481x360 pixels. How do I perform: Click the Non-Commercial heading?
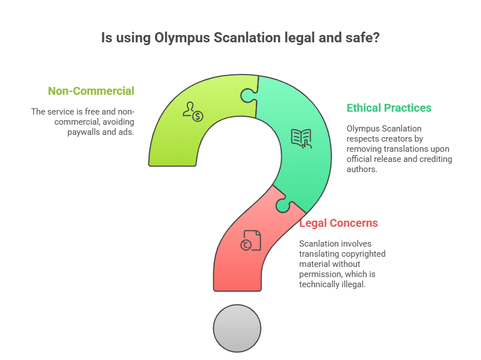(x=91, y=91)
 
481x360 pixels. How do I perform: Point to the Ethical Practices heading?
(x=389, y=108)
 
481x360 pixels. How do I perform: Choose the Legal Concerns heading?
(x=338, y=223)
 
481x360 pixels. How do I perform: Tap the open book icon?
(x=301, y=138)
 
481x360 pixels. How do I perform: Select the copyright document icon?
(x=251, y=240)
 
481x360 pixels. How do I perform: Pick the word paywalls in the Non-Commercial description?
(x=86, y=132)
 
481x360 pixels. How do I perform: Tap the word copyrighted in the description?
(x=364, y=254)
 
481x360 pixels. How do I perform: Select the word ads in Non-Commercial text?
(x=127, y=132)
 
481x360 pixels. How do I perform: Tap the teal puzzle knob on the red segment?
(x=284, y=205)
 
